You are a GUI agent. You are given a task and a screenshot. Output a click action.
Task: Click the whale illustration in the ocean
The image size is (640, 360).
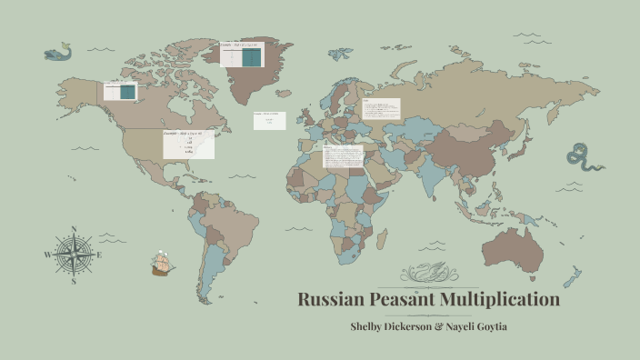57,52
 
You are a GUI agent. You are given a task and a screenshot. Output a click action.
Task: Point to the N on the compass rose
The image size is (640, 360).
73,231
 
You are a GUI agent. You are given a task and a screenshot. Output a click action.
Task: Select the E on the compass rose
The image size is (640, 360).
99,255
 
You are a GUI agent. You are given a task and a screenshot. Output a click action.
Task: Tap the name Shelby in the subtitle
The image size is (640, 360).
373,326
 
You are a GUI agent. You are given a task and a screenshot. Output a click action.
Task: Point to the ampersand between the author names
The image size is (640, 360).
442,326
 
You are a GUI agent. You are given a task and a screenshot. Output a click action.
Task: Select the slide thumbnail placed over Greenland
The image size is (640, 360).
240,54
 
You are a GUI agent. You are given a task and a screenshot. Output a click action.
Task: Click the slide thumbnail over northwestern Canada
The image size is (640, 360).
120,91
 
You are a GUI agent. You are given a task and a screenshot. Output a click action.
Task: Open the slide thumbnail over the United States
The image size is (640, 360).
188,144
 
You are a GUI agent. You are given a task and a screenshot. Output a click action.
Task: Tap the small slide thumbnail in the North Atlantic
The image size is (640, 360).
269,121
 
